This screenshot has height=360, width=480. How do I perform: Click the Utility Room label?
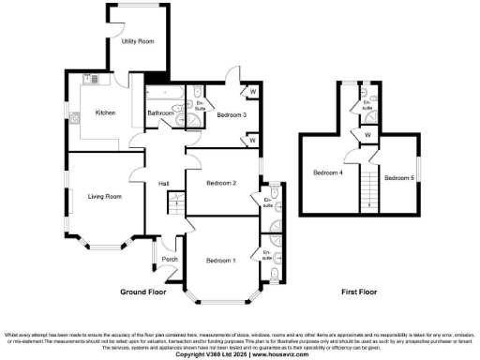(x=137, y=42)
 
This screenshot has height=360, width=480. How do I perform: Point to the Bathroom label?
(x=159, y=114)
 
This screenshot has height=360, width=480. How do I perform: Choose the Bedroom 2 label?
(x=220, y=183)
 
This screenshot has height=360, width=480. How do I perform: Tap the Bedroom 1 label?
(x=220, y=260)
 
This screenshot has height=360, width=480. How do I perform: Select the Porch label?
(x=170, y=260)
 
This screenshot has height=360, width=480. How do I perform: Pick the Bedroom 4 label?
(x=328, y=173)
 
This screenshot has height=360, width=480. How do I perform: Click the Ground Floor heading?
(x=143, y=292)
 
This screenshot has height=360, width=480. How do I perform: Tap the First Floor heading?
(x=360, y=292)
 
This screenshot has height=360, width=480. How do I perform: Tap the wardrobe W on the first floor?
(x=367, y=134)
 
